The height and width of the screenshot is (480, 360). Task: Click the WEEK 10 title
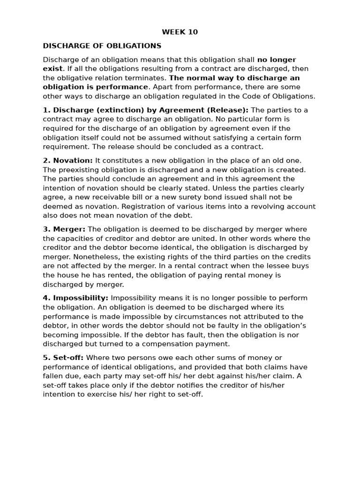[180, 32]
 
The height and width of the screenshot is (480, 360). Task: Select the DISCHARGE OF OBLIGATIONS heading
[102, 46]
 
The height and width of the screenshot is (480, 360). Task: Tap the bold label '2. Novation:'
[68, 160]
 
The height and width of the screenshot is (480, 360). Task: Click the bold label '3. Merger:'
[64, 229]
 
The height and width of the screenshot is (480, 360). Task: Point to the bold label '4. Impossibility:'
[75, 298]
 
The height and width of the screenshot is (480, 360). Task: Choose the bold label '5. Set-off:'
[63, 358]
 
